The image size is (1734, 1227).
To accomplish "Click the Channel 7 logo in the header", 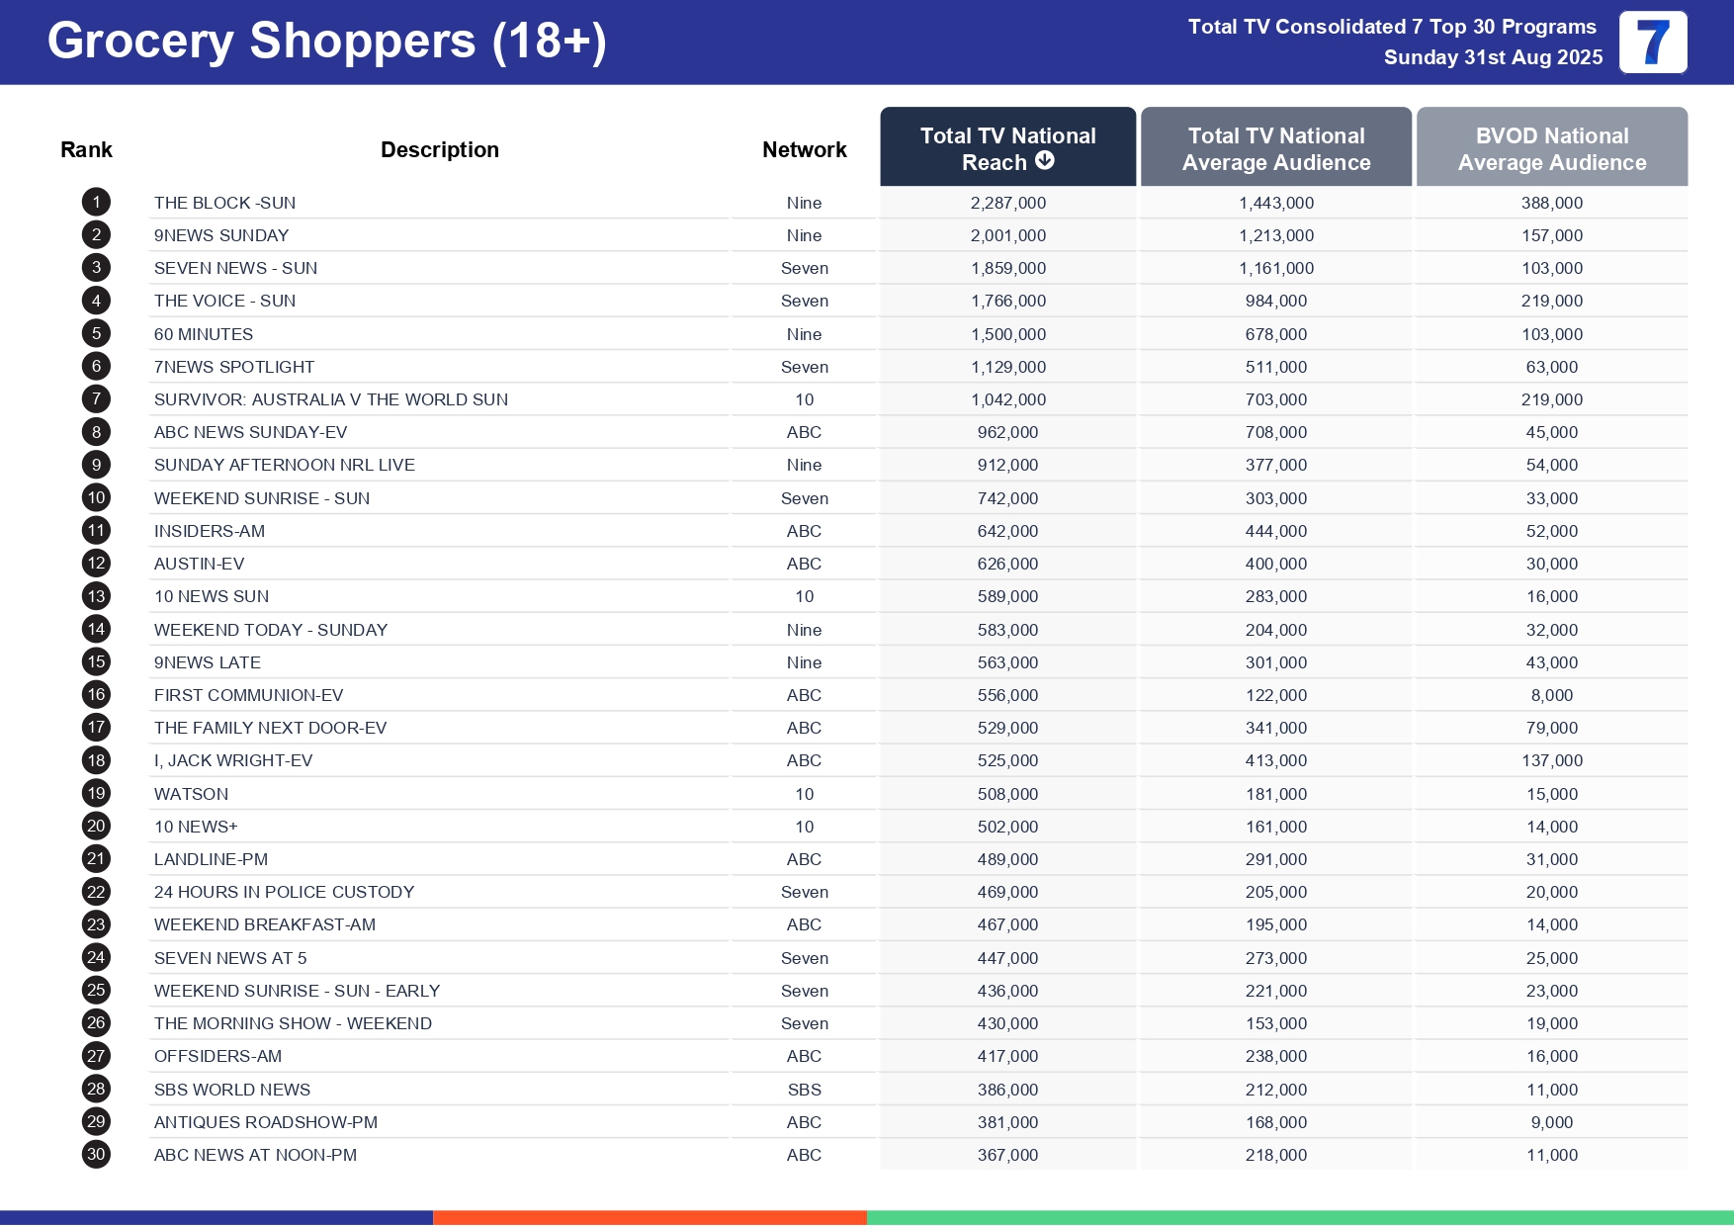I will tap(1652, 43).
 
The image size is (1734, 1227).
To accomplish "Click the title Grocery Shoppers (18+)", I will tap(326, 42).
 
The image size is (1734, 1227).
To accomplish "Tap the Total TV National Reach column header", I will tap(1007, 147).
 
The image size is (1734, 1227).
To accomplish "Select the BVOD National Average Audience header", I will tap(1551, 148).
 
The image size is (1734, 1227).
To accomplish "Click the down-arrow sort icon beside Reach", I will tap(1045, 161).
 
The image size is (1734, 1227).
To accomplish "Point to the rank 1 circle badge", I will tap(96, 203).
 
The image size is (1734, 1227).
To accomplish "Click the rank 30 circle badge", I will tap(96, 1155).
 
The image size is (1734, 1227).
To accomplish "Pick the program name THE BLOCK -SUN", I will tap(224, 203).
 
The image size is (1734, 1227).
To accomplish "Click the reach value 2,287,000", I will tap(1007, 203).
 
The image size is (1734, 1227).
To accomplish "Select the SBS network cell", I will tap(804, 1090).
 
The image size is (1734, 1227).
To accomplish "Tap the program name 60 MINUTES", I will tap(204, 334).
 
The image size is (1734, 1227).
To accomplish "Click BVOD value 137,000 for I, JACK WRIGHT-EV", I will tap(1551, 760).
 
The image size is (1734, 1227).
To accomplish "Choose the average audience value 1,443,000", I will tap(1275, 203).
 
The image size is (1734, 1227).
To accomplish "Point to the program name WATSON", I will tap(191, 794).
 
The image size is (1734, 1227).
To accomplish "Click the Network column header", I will tap(804, 149).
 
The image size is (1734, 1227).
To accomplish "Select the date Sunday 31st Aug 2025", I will tap(1493, 57).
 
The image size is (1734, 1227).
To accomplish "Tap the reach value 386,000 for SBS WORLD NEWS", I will tap(1007, 1090).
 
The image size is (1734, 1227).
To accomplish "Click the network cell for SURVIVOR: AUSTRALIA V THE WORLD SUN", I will tap(804, 399).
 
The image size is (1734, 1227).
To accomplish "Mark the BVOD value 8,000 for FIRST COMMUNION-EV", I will tap(1551, 695).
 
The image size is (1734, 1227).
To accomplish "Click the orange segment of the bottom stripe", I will tap(650, 1218).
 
